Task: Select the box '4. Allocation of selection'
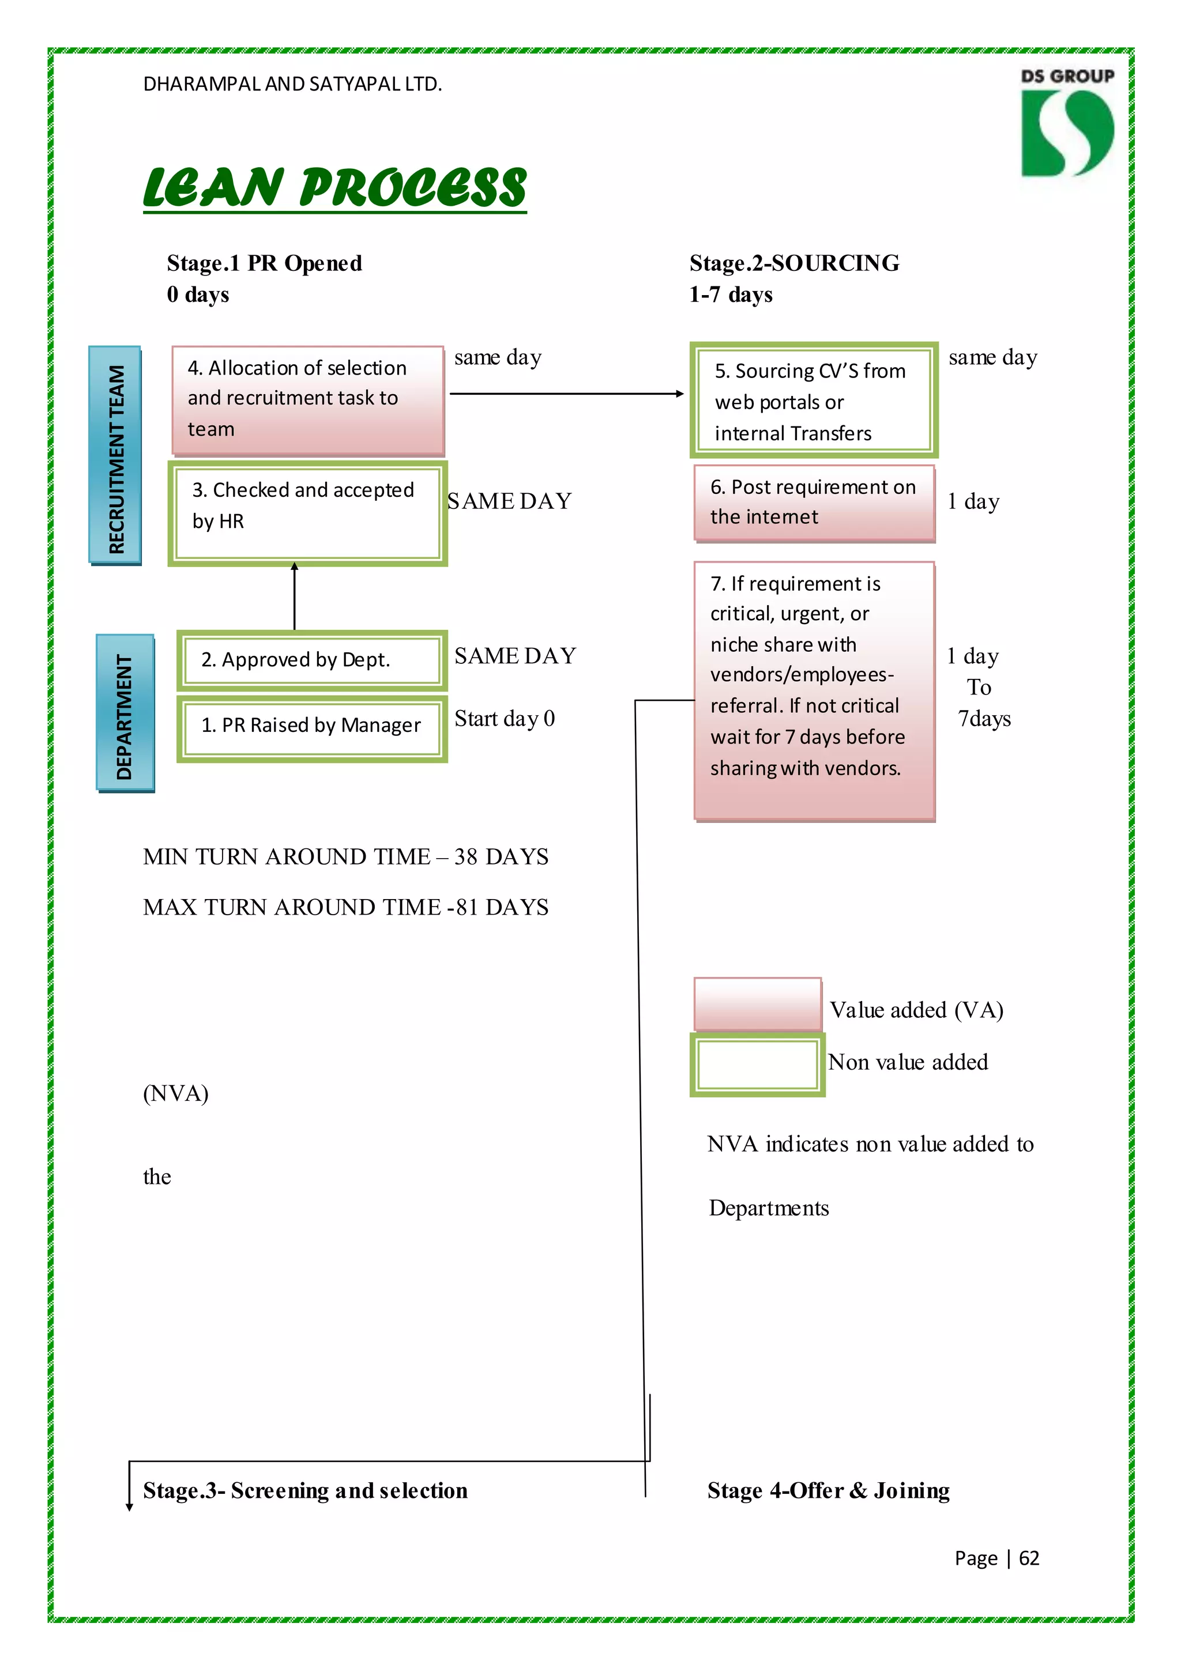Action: pyautogui.click(x=307, y=400)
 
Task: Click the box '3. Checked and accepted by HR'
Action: pyautogui.click(x=307, y=513)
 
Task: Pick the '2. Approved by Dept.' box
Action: pyautogui.click(x=312, y=660)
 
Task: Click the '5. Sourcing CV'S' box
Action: pyautogui.click(x=814, y=401)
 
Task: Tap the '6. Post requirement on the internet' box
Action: pyautogui.click(x=814, y=503)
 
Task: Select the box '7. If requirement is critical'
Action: pyautogui.click(x=814, y=690)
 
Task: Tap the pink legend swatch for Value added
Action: pyautogui.click(x=758, y=1004)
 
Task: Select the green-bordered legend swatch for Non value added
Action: pyautogui.click(x=758, y=1064)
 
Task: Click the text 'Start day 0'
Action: pyautogui.click(x=505, y=718)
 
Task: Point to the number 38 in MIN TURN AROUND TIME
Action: pyautogui.click(x=465, y=857)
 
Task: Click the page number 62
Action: pyautogui.click(x=1029, y=1558)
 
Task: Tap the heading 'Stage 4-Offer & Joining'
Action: pyautogui.click(x=828, y=1490)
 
